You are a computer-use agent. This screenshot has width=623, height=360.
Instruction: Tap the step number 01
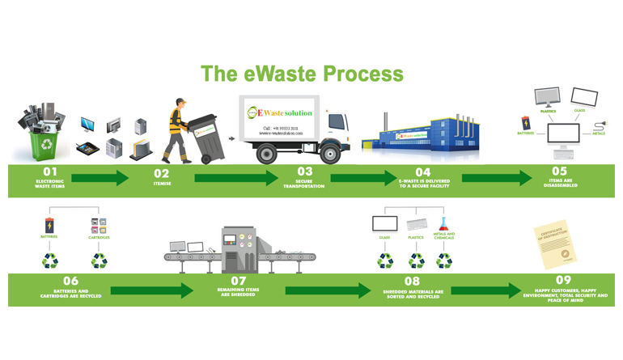pos(50,172)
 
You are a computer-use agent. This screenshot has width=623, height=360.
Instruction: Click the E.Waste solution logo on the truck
pos(278,112)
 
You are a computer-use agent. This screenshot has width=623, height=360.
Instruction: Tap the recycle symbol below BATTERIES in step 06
pos(50,260)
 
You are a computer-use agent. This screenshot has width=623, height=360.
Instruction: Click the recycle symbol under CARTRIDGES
pos(99,260)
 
